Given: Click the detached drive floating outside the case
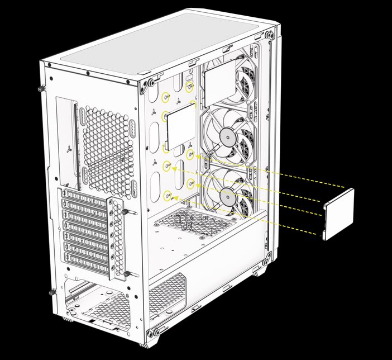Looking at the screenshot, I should point(339,214).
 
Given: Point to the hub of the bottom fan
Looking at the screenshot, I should point(228,196).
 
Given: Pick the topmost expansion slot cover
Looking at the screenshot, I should point(87,196).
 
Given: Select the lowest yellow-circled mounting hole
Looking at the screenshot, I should point(168,195).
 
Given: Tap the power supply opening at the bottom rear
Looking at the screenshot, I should point(103,305).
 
